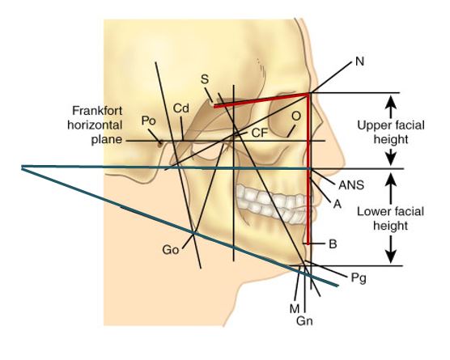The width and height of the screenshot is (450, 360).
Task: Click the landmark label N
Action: click(x=359, y=61)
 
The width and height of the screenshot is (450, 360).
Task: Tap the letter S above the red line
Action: click(x=205, y=79)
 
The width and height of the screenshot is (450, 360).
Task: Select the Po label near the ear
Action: click(x=148, y=121)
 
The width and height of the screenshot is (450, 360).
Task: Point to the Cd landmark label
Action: click(x=181, y=108)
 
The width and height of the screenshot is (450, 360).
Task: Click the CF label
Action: click(x=260, y=133)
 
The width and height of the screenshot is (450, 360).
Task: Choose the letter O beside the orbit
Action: click(x=296, y=116)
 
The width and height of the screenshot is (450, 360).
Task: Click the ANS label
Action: click(x=351, y=185)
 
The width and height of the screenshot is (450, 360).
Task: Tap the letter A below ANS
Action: click(x=337, y=204)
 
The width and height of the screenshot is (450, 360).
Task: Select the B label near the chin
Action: click(x=333, y=244)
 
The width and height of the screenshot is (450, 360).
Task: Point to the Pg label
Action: click(x=359, y=277)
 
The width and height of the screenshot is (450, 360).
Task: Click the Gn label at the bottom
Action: click(x=304, y=320)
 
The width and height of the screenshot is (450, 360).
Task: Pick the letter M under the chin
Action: click(x=295, y=309)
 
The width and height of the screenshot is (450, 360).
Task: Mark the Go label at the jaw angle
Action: click(x=171, y=250)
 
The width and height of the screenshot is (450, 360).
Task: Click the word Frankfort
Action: click(x=97, y=111)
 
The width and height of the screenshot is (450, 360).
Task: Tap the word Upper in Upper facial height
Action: click(x=372, y=126)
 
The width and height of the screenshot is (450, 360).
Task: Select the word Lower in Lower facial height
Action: click(x=373, y=212)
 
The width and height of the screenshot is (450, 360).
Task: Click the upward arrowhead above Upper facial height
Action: click(x=391, y=103)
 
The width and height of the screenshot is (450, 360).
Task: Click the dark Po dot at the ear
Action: click(x=160, y=142)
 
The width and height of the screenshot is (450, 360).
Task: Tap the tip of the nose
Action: click(x=344, y=163)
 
